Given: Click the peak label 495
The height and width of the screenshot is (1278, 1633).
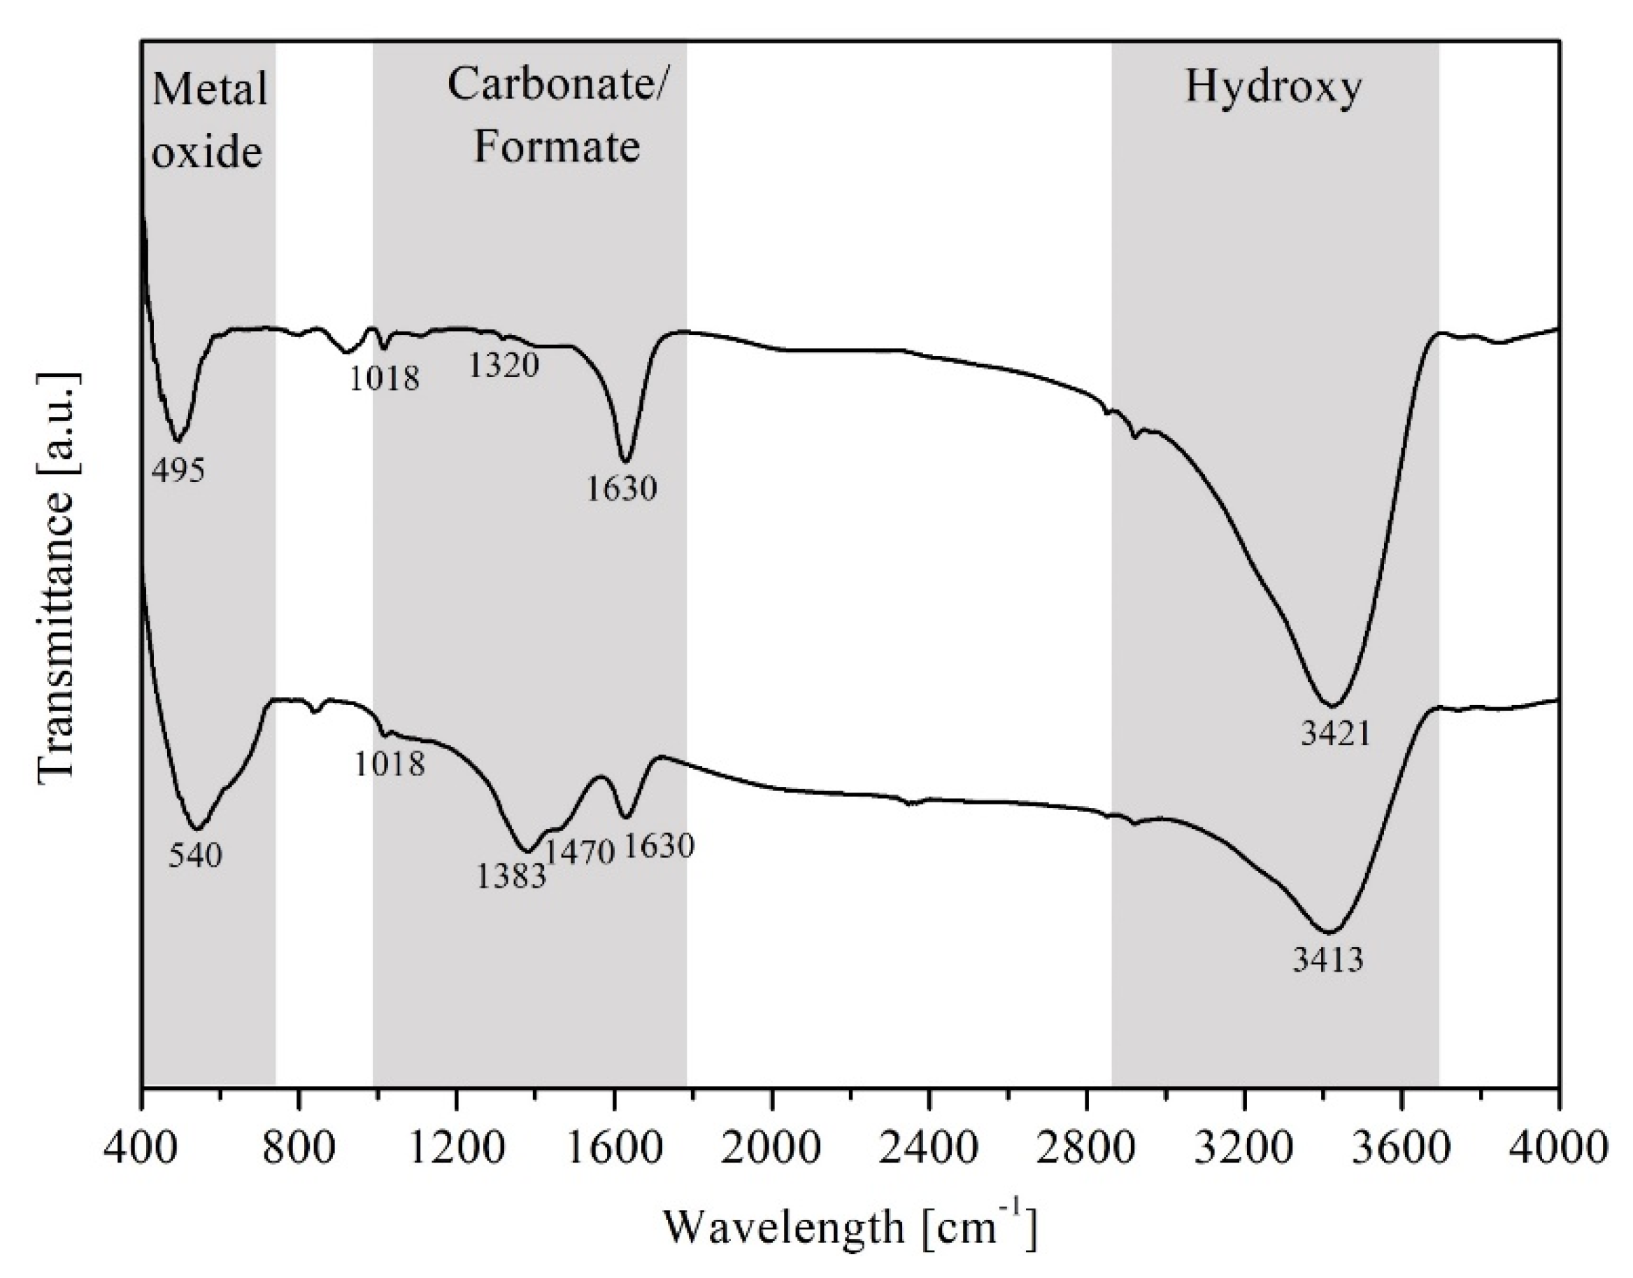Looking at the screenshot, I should [178, 471].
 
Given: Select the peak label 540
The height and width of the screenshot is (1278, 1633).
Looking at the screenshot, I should [195, 855].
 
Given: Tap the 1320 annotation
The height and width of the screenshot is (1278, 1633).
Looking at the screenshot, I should [504, 366].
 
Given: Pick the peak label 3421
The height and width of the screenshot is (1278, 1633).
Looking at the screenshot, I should [1335, 734].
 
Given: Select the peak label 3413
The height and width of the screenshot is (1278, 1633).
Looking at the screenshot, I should [1328, 960].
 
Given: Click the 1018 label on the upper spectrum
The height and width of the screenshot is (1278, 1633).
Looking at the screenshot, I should [385, 378].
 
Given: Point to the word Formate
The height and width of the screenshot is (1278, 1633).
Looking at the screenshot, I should [557, 146].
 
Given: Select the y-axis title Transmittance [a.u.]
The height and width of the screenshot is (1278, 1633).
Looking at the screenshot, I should [56, 576].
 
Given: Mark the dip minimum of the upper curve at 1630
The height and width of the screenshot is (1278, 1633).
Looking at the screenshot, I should [626, 461].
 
